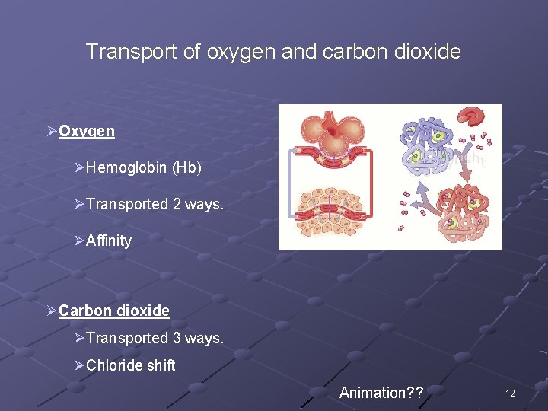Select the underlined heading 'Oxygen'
click(87, 131)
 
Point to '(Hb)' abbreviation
click(187, 167)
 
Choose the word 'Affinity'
click(109, 241)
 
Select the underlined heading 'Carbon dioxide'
click(114, 311)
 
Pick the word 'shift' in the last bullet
click(161, 365)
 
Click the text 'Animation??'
click(381, 393)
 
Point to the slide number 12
click(510, 393)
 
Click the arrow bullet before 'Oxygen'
click(51, 131)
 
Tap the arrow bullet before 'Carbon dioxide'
click(51, 311)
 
